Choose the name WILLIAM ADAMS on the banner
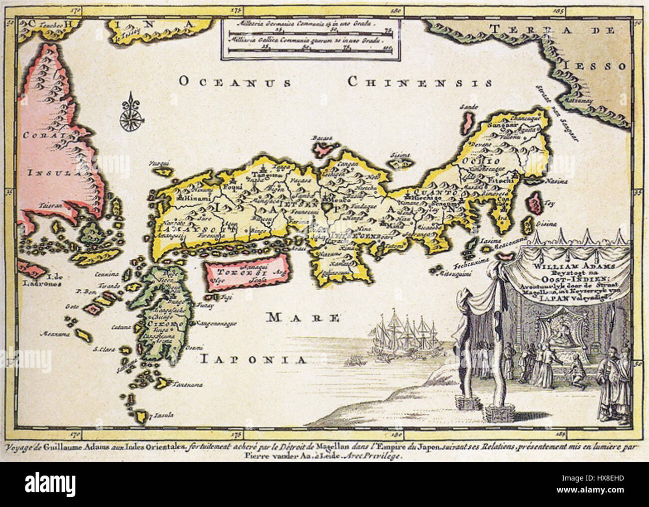tap(569, 267)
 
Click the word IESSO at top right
tap(606, 66)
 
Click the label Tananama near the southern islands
tap(173, 385)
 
